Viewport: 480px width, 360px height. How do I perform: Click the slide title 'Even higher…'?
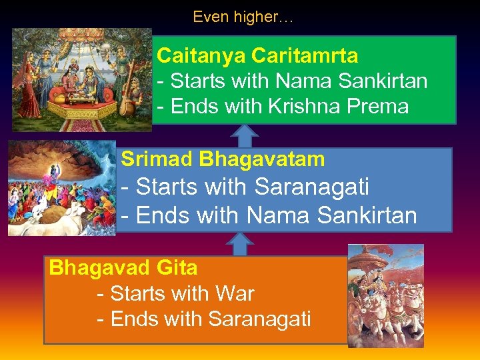pyautogui.click(x=243, y=17)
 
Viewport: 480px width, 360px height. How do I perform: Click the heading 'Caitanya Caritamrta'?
pyautogui.click(x=257, y=55)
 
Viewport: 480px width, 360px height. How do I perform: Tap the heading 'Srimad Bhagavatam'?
pyautogui.click(x=223, y=159)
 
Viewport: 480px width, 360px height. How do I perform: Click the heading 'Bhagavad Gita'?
pyautogui.click(x=123, y=268)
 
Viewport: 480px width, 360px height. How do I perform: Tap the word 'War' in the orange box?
pyautogui.click(x=234, y=293)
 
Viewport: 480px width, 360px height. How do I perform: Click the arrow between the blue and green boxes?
pyautogui.click(x=245, y=136)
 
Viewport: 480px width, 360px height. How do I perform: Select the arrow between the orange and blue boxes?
pyautogui.click(x=245, y=245)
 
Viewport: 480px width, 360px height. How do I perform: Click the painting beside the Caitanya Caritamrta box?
pyautogui.click(x=82, y=79)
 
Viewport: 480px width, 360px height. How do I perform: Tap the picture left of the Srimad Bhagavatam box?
pyautogui.click(x=62, y=189)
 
